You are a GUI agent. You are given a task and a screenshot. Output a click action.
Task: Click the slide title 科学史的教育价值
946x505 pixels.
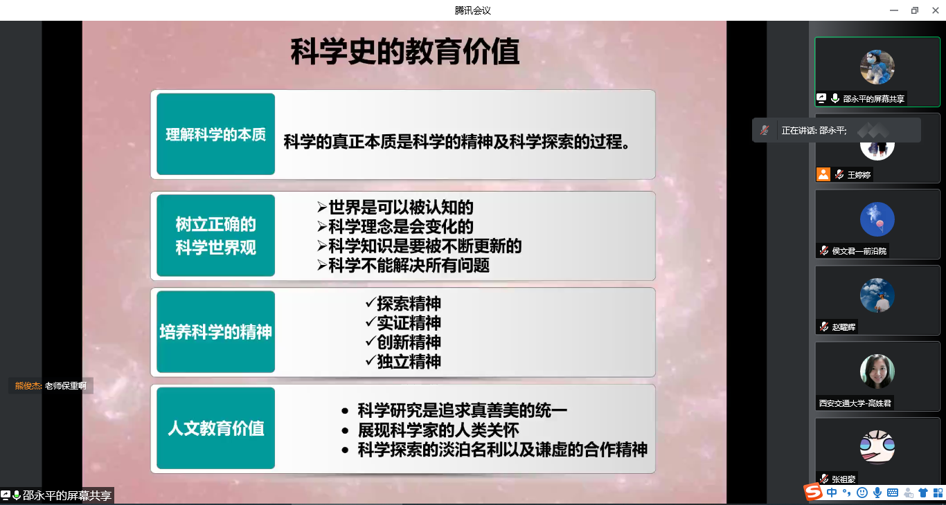pyautogui.click(x=404, y=51)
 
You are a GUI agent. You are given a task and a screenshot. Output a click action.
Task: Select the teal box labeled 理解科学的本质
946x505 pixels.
pyautogui.click(x=216, y=134)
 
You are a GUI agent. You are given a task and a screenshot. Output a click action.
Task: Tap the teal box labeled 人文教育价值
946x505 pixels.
pyautogui.click(x=216, y=428)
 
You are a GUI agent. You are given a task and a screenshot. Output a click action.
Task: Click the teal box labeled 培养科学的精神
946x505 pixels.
pyautogui.click(x=216, y=331)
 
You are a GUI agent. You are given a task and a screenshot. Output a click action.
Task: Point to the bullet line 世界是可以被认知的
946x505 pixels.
pyautogui.click(x=395, y=207)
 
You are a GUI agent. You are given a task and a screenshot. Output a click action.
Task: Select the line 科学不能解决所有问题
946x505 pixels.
pyautogui.click(x=403, y=266)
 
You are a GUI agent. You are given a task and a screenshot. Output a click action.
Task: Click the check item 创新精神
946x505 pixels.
pyautogui.click(x=403, y=342)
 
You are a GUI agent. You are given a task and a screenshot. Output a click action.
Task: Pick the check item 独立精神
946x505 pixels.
pyautogui.click(x=403, y=362)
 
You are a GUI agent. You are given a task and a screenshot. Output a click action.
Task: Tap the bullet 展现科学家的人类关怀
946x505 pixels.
pyautogui.click(x=430, y=430)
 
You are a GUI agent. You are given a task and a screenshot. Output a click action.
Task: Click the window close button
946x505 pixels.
pyautogui.click(x=936, y=10)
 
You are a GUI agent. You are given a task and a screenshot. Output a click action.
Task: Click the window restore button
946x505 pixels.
pyautogui.click(x=915, y=10)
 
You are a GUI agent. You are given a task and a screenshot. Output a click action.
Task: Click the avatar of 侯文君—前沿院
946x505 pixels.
pyautogui.click(x=877, y=219)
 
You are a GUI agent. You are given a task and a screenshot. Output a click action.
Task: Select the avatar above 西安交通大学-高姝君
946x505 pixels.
pyautogui.click(x=877, y=371)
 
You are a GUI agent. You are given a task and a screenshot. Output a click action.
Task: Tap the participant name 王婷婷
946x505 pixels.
pyautogui.click(x=859, y=174)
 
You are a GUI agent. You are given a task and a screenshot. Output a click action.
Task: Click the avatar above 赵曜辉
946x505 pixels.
pyautogui.click(x=877, y=295)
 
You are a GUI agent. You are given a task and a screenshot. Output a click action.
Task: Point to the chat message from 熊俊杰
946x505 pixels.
pyautogui.click(x=51, y=385)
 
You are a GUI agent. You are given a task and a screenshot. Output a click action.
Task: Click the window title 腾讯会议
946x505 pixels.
pyautogui.click(x=472, y=10)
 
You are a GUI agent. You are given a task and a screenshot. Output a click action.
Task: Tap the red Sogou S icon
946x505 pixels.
pyautogui.click(x=813, y=492)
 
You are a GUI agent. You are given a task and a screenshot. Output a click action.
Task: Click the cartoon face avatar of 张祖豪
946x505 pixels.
pyautogui.click(x=877, y=447)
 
